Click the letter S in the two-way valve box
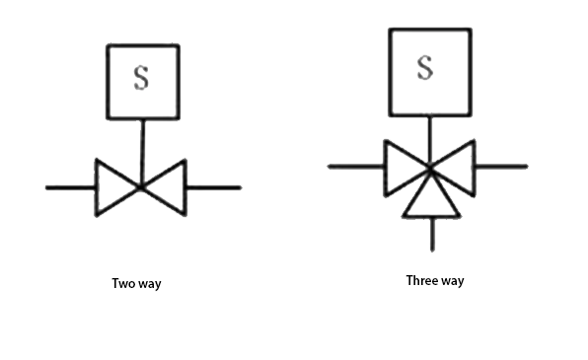141,79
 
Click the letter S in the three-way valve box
425,67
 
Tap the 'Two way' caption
136,284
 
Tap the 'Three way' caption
435,280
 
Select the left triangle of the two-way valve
113,186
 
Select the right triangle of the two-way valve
168,186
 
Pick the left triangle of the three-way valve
402,166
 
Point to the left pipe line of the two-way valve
70,186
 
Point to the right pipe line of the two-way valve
213,186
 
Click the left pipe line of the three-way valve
355,166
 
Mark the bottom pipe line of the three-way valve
432,233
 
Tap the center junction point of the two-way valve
141,186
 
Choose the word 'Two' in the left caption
123,284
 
